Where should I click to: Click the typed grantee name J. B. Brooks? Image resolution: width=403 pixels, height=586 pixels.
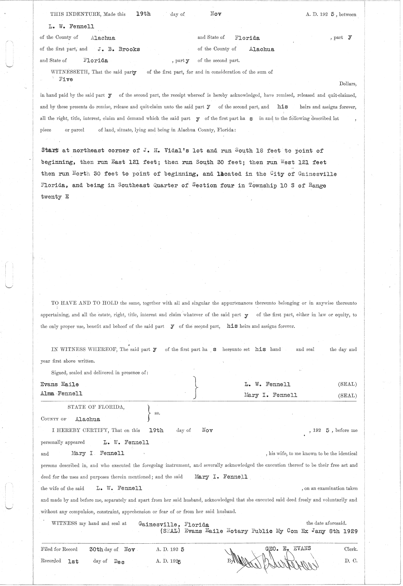[x=119, y=49]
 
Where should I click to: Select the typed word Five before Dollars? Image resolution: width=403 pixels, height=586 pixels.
[x=65, y=79]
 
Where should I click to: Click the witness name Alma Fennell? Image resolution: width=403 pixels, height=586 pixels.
[x=61, y=393]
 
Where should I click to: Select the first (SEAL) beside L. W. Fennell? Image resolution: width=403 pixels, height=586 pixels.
[x=347, y=384]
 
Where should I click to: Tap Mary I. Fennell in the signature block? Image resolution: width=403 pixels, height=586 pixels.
[x=271, y=395]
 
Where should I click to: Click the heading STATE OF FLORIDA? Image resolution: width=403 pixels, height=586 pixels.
[x=96, y=407]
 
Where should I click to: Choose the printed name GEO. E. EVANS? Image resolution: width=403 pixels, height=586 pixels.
[x=288, y=548]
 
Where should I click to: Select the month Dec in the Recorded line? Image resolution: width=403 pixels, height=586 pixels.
[x=119, y=561]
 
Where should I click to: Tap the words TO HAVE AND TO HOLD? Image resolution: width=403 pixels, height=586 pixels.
[x=85, y=303]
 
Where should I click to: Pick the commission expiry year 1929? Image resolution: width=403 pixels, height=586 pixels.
[x=350, y=531]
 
